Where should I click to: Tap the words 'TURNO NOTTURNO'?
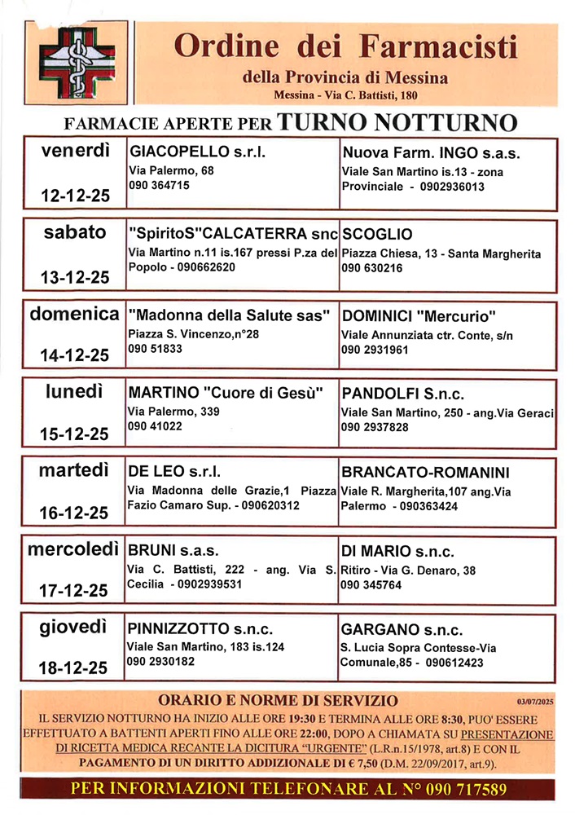(x=397, y=122)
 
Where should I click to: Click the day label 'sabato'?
(x=75, y=232)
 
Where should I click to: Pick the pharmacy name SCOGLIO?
(x=377, y=233)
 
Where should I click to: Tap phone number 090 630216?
(x=372, y=267)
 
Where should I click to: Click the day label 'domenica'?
(x=75, y=313)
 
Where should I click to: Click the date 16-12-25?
(x=75, y=513)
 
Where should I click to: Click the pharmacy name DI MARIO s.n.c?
(x=398, y=551)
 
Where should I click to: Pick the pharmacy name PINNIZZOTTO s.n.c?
(x=200, y=630)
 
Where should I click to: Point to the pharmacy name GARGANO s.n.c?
(x=402, y=630)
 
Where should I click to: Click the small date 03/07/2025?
(x=534, y=700)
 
